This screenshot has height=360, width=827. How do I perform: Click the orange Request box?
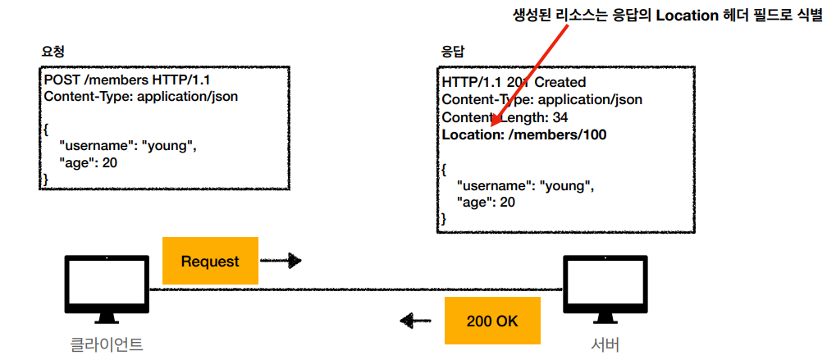[x=210, y=262]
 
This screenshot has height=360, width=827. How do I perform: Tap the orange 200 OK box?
[x=492, y=321]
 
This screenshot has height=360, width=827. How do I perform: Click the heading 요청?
[x=53, y=50]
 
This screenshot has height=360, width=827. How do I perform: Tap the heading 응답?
[x=452, y=50]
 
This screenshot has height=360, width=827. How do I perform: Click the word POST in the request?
[x=62, y=80]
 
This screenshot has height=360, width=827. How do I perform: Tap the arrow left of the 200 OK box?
[x=416, y=321]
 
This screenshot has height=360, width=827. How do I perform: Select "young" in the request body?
[x=170, y=146]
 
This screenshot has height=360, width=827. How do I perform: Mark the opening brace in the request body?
[x=47, y=129]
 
